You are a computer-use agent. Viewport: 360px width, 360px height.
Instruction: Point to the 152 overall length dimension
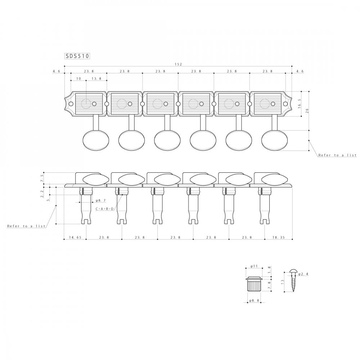coord(178,64)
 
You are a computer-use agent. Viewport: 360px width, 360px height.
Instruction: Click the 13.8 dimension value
coord(96,78)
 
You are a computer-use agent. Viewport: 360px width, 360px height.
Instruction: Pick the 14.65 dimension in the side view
coord(75,237)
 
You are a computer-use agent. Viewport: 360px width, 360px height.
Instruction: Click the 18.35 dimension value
coord(278,237)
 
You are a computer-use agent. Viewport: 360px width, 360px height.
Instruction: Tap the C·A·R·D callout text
coord(105,209)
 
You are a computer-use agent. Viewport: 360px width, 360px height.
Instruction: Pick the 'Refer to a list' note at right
coord(337,155)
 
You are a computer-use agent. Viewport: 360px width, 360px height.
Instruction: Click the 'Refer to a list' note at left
coord(26,226)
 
